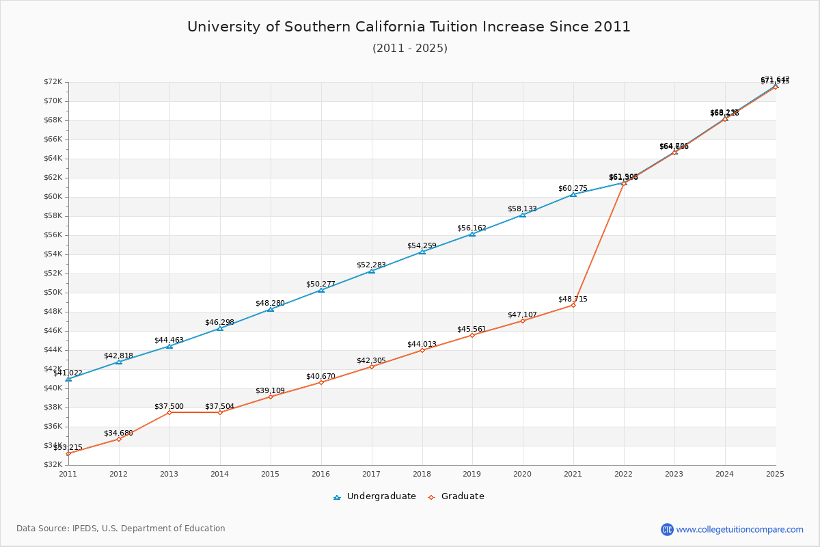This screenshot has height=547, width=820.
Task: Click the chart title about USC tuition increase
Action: (409, 27)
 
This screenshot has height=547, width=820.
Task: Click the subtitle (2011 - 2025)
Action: (410, 49)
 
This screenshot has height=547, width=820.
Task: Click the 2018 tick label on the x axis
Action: (422, 473)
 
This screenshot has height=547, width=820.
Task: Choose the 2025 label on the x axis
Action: (775, 473)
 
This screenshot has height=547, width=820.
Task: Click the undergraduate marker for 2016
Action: (321, 290)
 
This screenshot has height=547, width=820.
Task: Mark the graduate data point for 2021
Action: (573, 305)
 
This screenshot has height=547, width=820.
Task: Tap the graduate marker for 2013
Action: (169, 412)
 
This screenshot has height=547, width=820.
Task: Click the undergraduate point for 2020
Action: (523, 215)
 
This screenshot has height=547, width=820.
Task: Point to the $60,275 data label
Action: (573, 188)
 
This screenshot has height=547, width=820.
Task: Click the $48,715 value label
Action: (573, 299)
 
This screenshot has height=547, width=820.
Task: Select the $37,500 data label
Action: (169, 406)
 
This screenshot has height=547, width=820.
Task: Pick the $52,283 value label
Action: (371, 265)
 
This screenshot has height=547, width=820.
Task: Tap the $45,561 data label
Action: (471, 329)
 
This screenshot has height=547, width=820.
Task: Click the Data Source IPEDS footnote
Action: (121, 529)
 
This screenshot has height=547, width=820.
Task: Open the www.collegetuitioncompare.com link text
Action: (739, 529)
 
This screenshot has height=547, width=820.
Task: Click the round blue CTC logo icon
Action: (667, 529)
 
